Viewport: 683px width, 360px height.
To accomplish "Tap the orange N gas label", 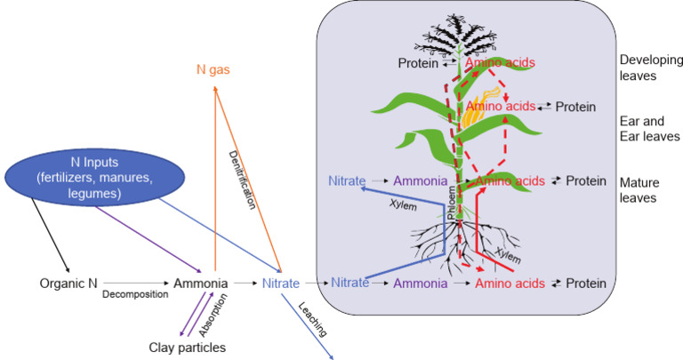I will point(214,68).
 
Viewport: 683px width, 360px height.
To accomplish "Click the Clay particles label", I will point(187,347).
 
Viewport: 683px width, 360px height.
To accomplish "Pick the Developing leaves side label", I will point(652,68).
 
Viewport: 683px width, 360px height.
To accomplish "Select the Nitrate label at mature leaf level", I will point(346,180).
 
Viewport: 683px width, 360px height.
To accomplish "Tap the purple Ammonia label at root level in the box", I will point(419,284).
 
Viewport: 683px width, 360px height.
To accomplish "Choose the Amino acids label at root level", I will point(510,284).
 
